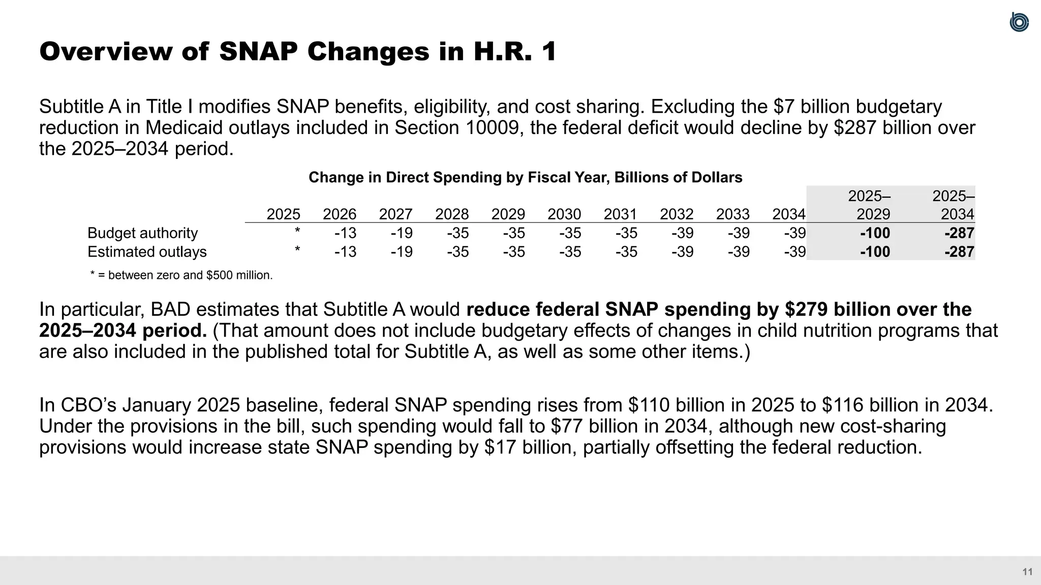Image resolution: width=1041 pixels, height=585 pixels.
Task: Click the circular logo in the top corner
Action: pyautogui.click(x=1019, y=22)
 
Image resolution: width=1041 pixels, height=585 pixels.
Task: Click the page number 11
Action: pyautogui.click(x=1027, y=572)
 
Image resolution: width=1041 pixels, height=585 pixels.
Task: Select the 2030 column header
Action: pyautogui.click(x=564, y=214)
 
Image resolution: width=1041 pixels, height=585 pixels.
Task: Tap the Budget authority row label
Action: pyautogui.click(x=142, y=233)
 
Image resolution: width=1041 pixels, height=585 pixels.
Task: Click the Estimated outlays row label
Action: pyautogui.click(x=147, y=252)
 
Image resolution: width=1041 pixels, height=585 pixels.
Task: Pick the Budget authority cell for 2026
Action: pyautogui.click(x=345, y=233)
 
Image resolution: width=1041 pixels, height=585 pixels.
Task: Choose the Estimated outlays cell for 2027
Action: pyautogui.click(x=402, y=252)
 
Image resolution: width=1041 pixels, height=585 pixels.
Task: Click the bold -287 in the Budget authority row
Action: pyautogui.click(x=959, y=233)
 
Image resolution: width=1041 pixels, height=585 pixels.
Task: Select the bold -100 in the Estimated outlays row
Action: pyautogui.click(x=875, y=252)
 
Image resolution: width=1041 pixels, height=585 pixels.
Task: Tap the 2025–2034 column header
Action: pyautogui.click(x=954, y=205)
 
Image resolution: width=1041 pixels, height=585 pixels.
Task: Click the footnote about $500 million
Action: pyautogui.click(x=181, y=275)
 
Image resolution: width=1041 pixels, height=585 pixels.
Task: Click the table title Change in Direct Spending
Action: pyautogui.click(x=525, y=177)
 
